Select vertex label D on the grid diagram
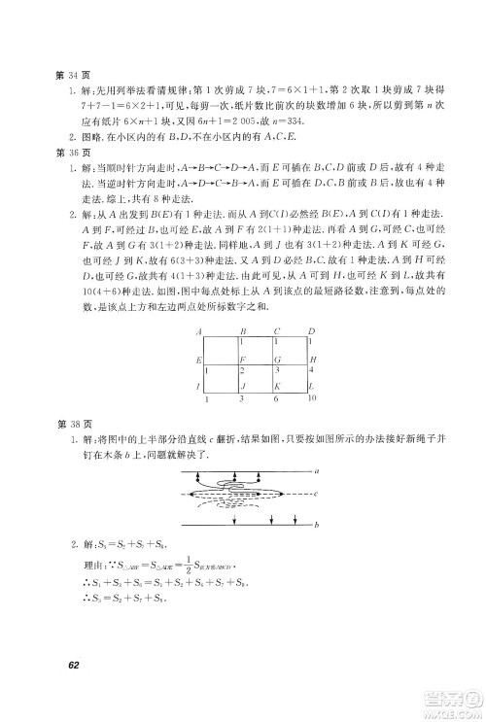click(308, 331)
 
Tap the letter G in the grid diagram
click(276, 360)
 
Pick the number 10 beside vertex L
click(310, 398)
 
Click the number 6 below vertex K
click(276, 398)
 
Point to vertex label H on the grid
click(310, 360)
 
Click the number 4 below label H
click(310, 371)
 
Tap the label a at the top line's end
click(317, 470)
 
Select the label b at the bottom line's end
click(317, 526)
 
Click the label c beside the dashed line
click(317, 494)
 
